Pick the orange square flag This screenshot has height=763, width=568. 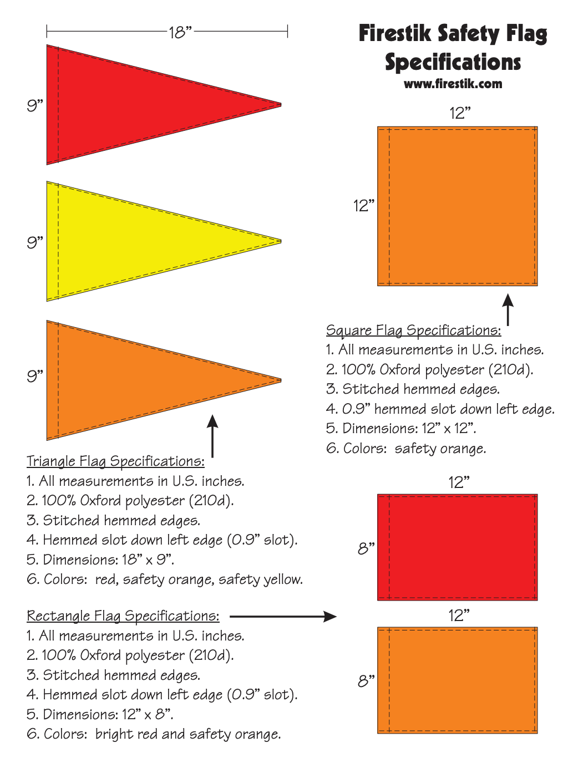click(458, 206)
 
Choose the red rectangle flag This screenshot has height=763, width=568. click(458, 547)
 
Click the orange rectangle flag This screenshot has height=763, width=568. click(458, 680)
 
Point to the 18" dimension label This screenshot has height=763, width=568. click(180, 32)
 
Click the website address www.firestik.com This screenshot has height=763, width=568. click(453, 84)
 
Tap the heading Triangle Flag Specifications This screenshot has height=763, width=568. click(115, 461)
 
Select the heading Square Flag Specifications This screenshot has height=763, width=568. click(413, 330)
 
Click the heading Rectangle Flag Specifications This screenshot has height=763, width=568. click(123, 616)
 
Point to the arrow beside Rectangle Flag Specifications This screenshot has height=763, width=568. click(283, 616)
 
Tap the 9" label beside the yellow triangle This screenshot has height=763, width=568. click(35, 242)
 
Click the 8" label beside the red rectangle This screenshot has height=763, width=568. click(366, 548)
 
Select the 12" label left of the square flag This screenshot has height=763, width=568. click(364, 206)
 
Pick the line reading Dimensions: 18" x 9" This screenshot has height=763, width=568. click(100, 559)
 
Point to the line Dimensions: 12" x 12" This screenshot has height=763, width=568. click(401, 429)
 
